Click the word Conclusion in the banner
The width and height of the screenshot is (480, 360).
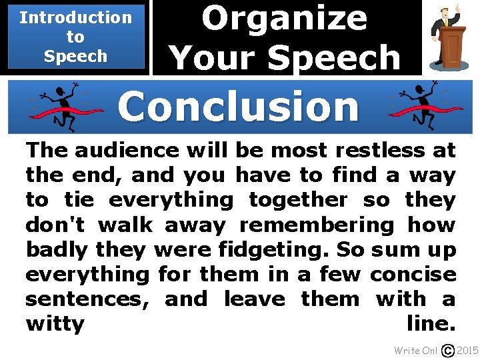click(238, 107)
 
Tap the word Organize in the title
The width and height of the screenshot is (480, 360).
click(284, 19)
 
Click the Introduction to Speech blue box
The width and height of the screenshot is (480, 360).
click(75, 37)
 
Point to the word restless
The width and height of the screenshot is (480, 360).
click(381, 150)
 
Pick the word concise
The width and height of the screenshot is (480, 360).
click(413, 274)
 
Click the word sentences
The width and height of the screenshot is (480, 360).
click(87, 299)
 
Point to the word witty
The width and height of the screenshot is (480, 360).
click(55, 325)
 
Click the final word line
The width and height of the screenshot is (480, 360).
click(431, 324)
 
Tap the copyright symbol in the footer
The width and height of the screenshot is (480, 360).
click(449, 351)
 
